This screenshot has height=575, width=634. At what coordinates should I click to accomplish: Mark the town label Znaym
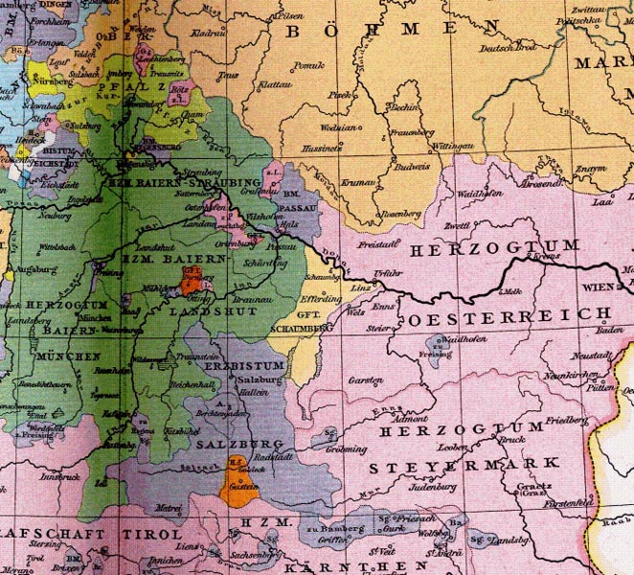pyautogui.click(x=591, y=169)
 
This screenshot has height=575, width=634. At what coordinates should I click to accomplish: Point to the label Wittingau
pyautogui.click(x=454, y=145)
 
